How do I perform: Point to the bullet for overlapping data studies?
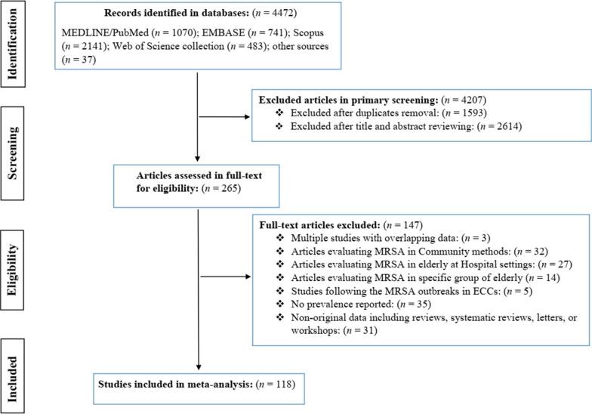346,238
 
